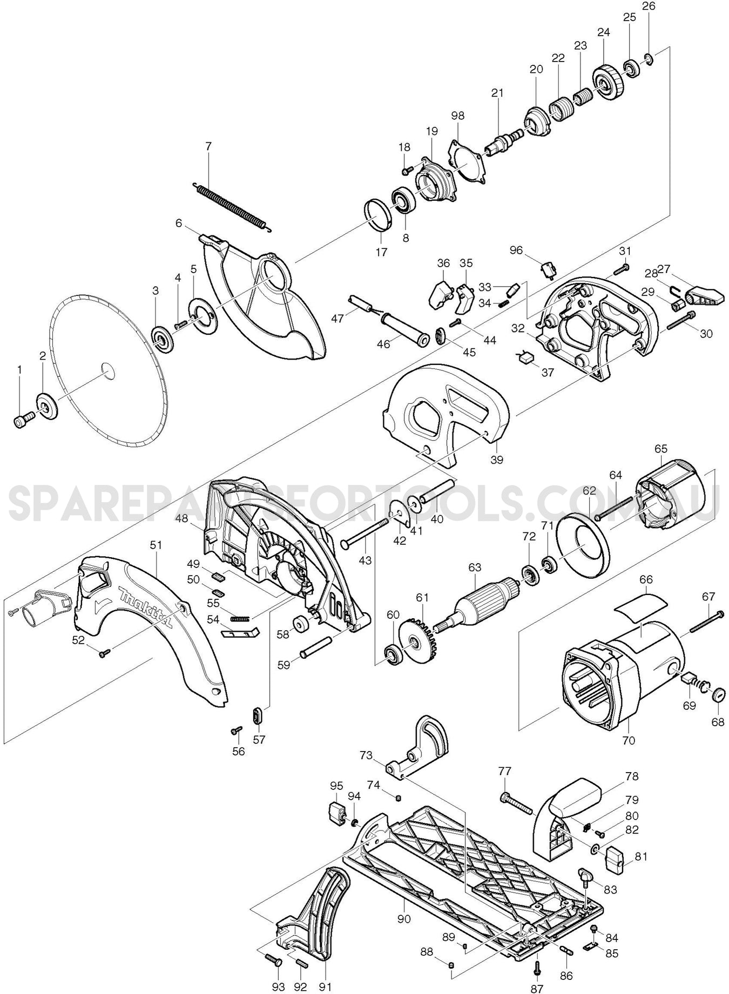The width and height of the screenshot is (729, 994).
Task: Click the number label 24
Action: click(x=604, y=32)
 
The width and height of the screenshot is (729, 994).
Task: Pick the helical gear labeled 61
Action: click(x=418, y=643)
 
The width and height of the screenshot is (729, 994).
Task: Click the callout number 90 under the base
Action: click(x=404, y=918)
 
